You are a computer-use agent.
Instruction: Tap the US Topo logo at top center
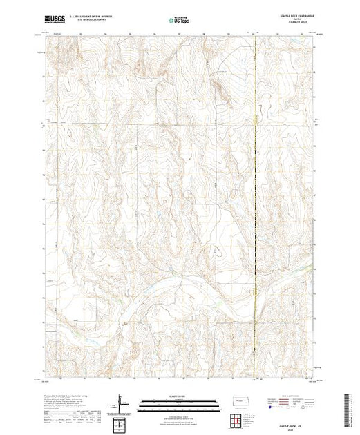pos(180,20)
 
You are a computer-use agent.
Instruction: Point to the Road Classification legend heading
pos(290,396)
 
